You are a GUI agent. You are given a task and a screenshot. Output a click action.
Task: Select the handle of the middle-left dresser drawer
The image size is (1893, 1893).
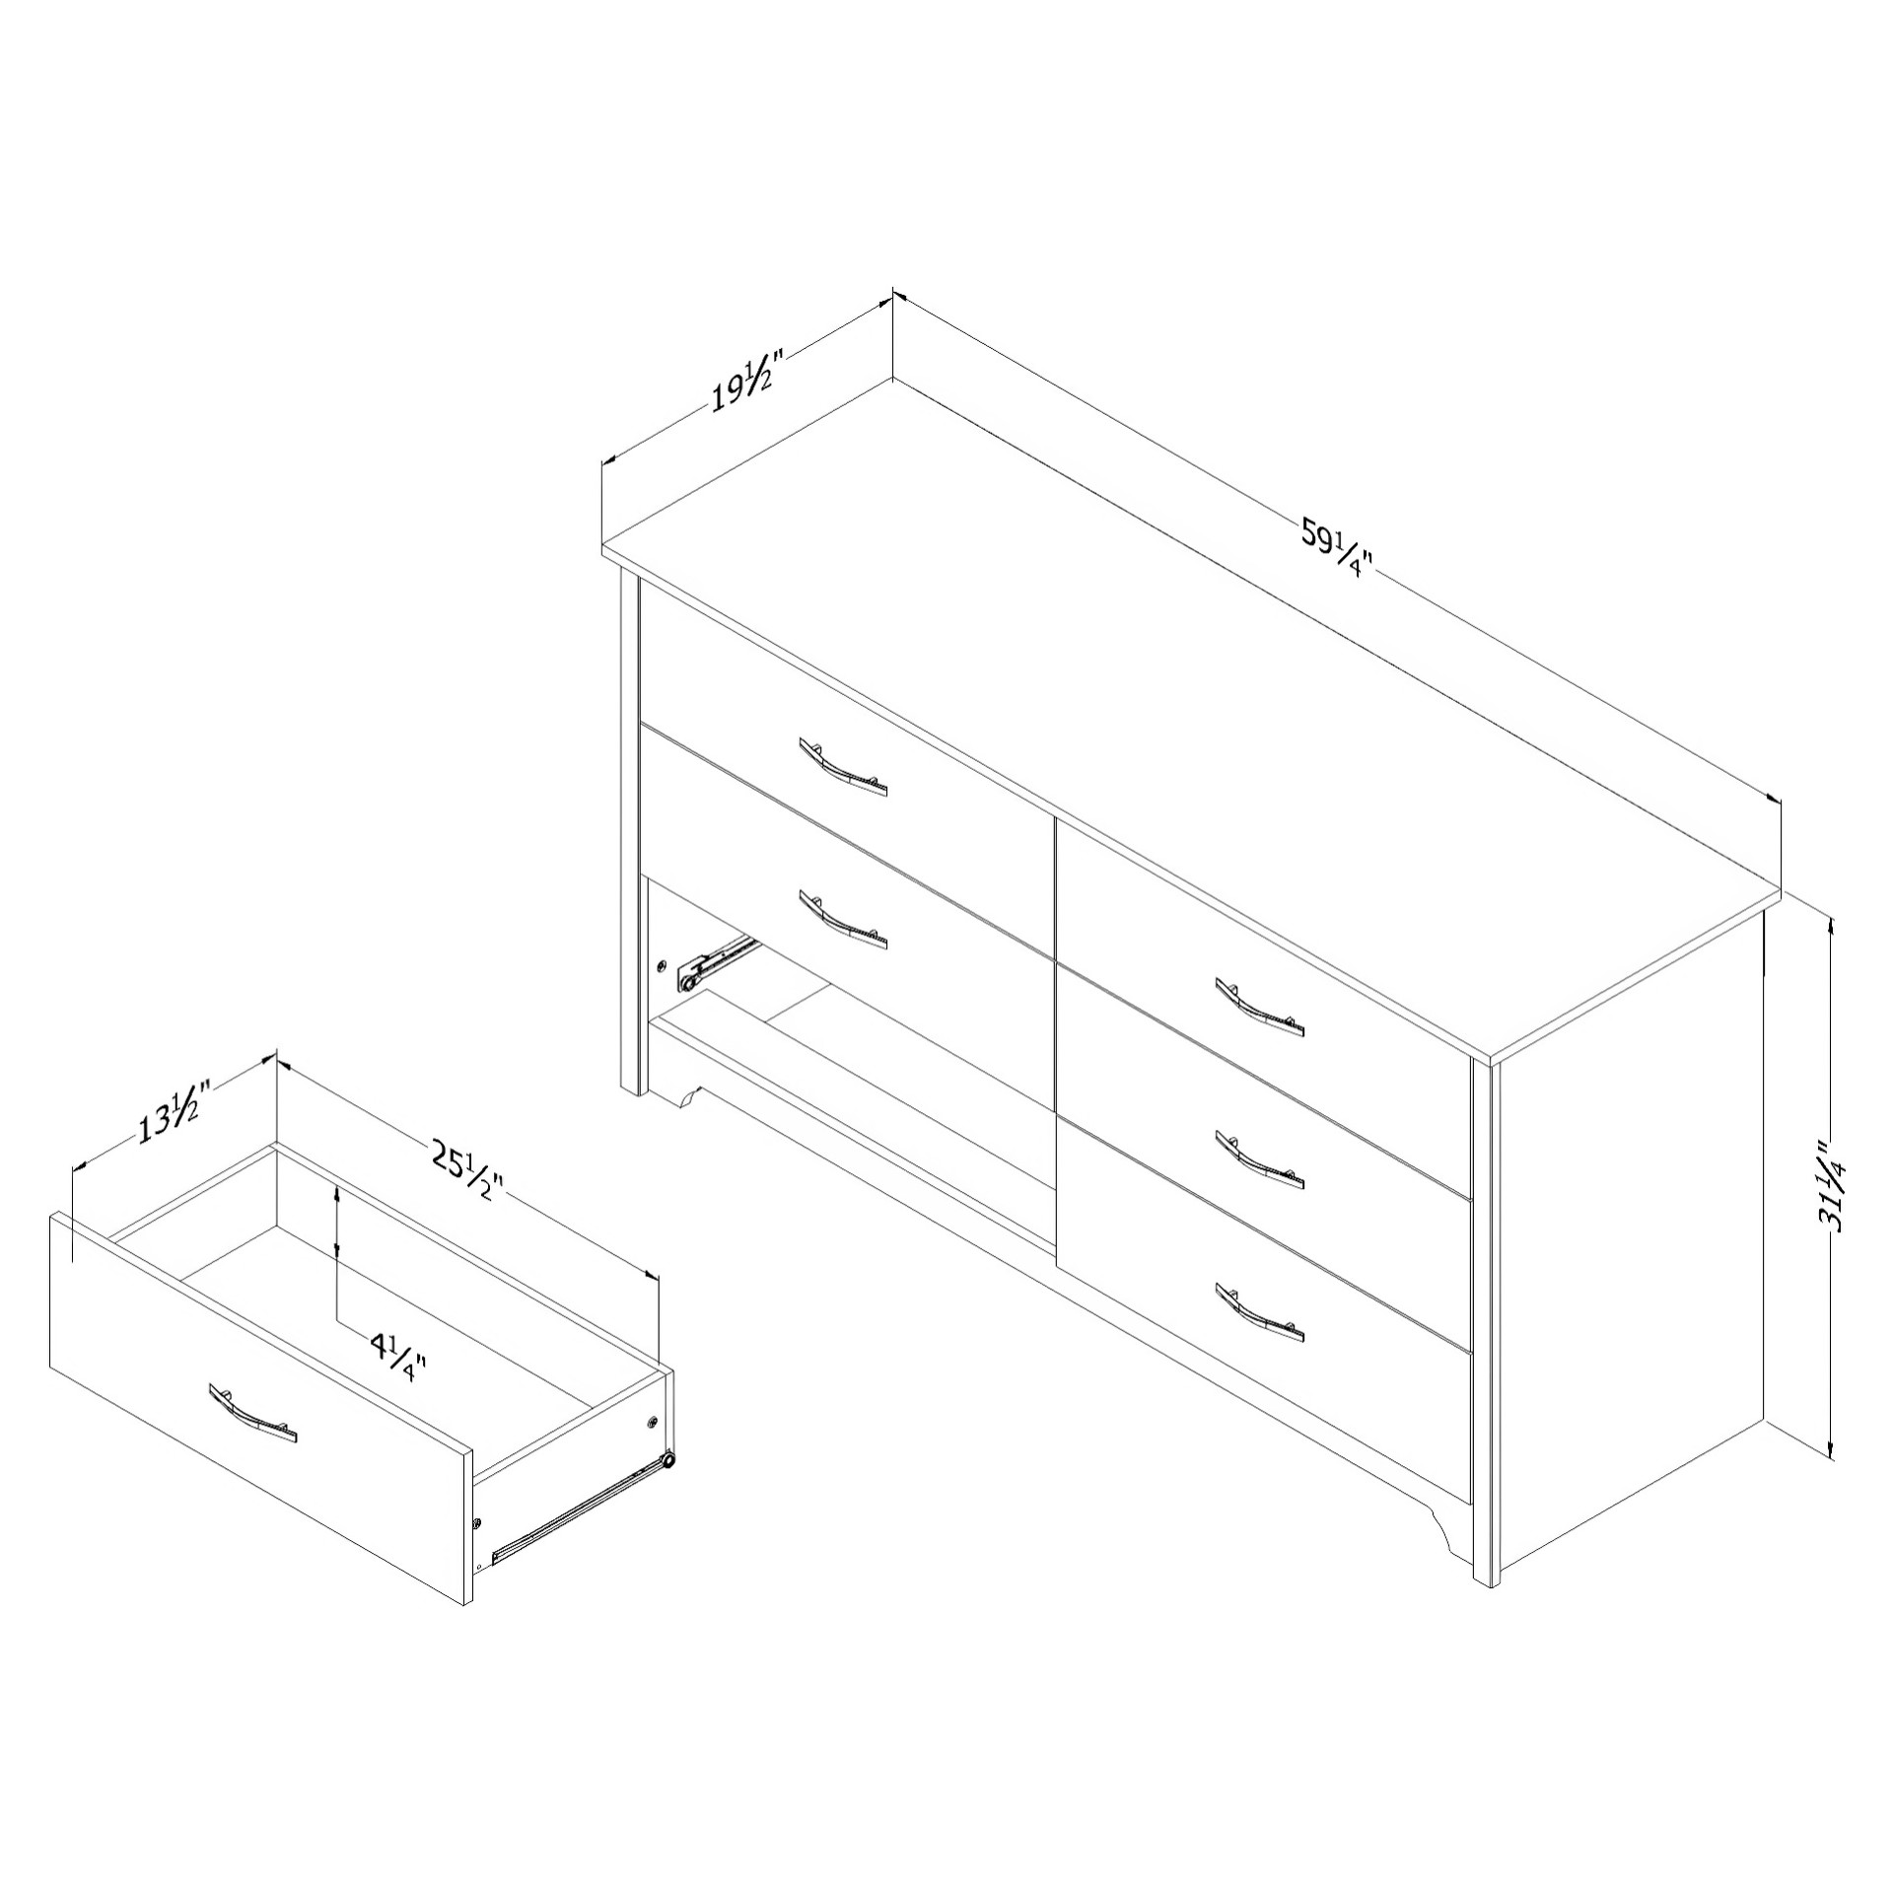[x=843, y=919]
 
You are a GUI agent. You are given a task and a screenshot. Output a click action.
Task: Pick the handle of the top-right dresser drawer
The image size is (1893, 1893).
[x=1260, y=1008]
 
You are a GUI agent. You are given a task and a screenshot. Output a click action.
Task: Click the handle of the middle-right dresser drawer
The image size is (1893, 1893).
[x=1260, y=1159]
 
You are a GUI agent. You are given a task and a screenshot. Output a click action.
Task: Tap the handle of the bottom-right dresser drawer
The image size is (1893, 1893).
[x=1260, y=1312]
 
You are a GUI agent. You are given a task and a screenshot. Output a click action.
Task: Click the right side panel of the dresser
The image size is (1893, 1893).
[x=1627, y=1232]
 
